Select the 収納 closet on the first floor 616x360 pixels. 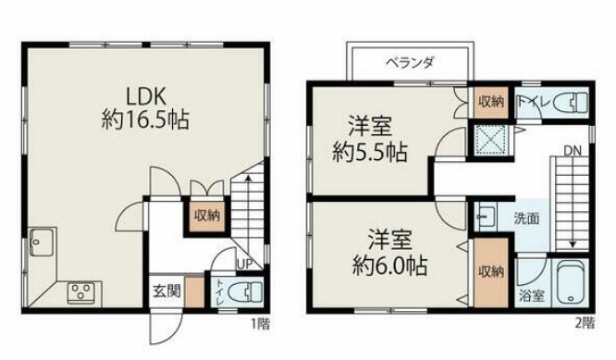pos(206,216)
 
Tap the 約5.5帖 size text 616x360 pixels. pos(372,151)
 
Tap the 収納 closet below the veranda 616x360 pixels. pos(490,103)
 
